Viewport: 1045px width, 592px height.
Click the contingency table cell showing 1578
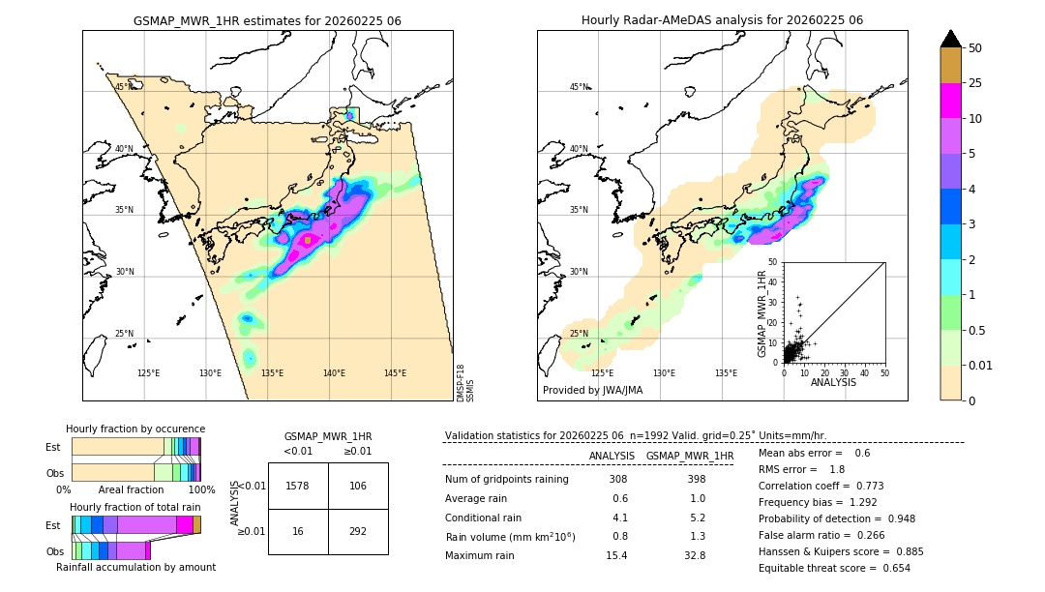tap(298, 486)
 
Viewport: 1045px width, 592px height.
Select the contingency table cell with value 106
tap(358, 486)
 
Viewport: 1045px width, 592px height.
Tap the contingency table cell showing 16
tap(298, 532)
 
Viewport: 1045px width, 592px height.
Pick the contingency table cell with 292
tap(358, 532)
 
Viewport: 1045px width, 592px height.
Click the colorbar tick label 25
tap(975, 83)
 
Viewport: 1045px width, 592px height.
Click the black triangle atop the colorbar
tap(951, 39)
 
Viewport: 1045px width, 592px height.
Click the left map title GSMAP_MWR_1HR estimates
tap(267, 20)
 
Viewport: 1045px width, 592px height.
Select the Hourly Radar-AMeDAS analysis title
tap(722, 20)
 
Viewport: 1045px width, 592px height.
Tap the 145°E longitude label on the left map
tap(395, 373)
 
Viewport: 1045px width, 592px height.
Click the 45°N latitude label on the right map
tap(579, 87)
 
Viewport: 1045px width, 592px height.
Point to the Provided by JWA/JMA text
tap(592, 391)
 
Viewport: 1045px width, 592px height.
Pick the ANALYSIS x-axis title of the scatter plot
tap(833, 382)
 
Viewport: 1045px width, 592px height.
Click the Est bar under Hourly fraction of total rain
tap(135, 524)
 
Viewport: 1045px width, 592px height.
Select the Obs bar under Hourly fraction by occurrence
tap(135, 472)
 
